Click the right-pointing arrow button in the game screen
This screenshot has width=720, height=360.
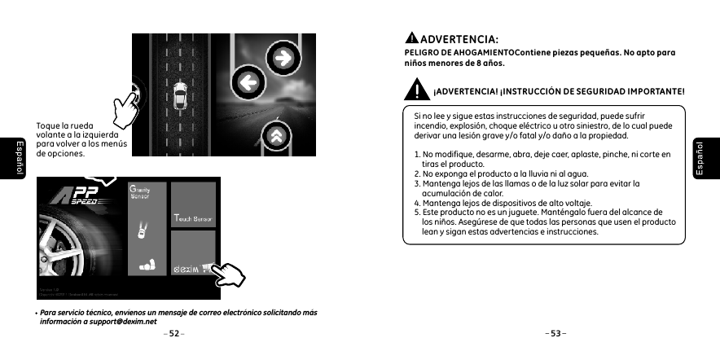(x=283, y=58)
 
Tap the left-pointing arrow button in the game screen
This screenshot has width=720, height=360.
(x=248, y=81)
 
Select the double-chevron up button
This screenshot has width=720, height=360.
(x=279, y=135)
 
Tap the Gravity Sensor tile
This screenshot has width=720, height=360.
(x=147, y=229)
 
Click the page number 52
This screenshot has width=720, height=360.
(x=173, y=334)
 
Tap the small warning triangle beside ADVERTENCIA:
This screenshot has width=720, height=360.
(x=412, y=38)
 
